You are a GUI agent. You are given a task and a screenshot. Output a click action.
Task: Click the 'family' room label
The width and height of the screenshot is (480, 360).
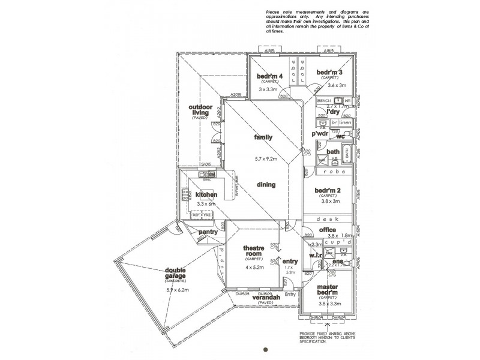(x=263, y=137)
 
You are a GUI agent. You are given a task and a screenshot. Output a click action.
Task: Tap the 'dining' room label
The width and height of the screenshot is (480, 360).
(x=266, y=185)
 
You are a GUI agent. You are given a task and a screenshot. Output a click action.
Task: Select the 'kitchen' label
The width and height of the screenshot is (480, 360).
(x=205, y=195)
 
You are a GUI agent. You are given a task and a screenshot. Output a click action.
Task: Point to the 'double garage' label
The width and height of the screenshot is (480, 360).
(x=158, y=274)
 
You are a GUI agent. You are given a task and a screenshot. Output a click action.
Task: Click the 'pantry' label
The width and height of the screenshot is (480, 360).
(x=208, y=232)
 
